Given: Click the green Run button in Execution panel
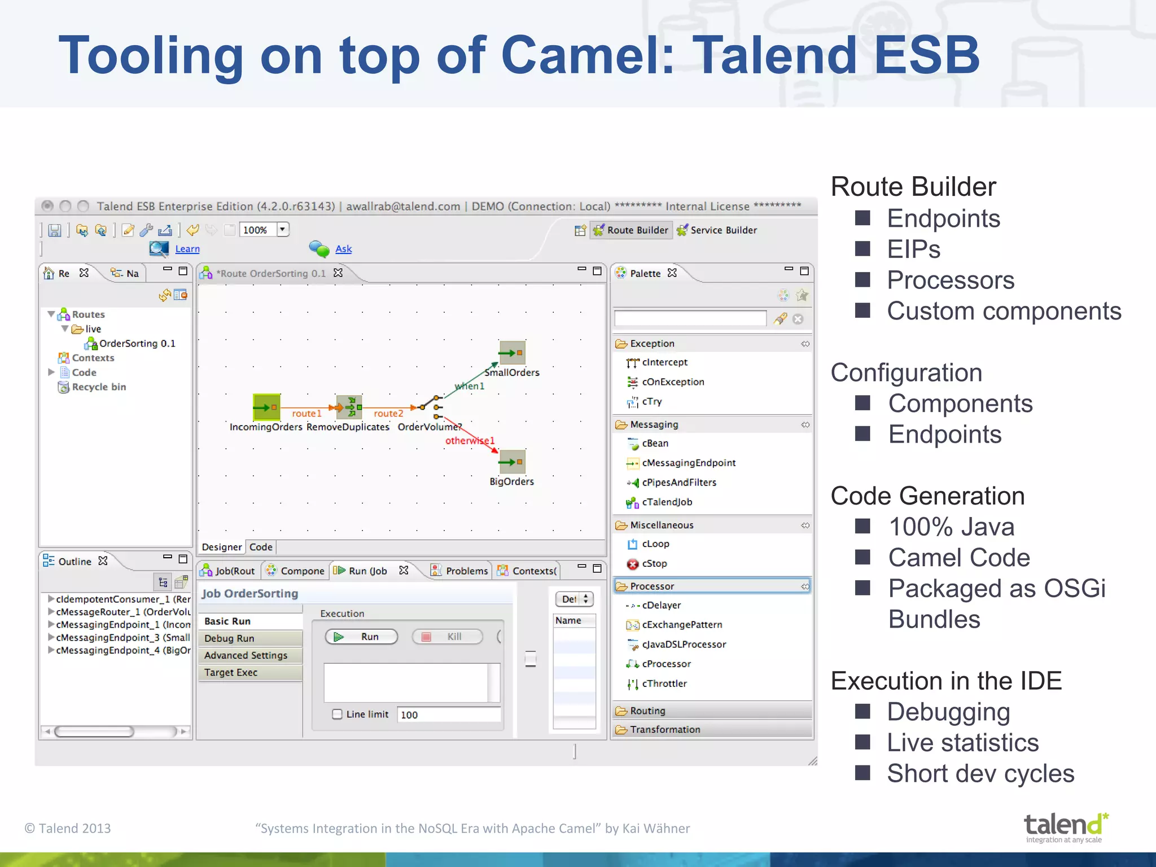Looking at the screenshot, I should [361, 637].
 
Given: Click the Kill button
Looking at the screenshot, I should [447, 637].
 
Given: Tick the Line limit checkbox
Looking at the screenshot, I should [337, 714].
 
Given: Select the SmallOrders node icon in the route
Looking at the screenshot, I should [512, 353].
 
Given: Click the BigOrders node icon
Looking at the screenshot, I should [512, 462].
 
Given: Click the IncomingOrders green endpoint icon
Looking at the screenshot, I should [266, 407].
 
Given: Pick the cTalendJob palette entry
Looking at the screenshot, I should [666, 502].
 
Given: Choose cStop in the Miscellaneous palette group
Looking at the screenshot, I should [654, 563].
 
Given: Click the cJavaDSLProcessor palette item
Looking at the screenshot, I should [684, 644].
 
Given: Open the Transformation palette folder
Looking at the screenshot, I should [664, 729].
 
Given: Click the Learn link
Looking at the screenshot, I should [187, 249].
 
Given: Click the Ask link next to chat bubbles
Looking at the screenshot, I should [343, 249].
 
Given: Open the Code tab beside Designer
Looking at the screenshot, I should [261, 547].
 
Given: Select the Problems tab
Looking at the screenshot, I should [466, 571].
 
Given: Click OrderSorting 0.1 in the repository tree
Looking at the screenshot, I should [137, 343].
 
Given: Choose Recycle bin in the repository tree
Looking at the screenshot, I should [99, 387].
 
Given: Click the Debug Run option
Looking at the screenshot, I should [229, 638].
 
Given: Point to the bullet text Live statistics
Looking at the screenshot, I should [962, 742].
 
